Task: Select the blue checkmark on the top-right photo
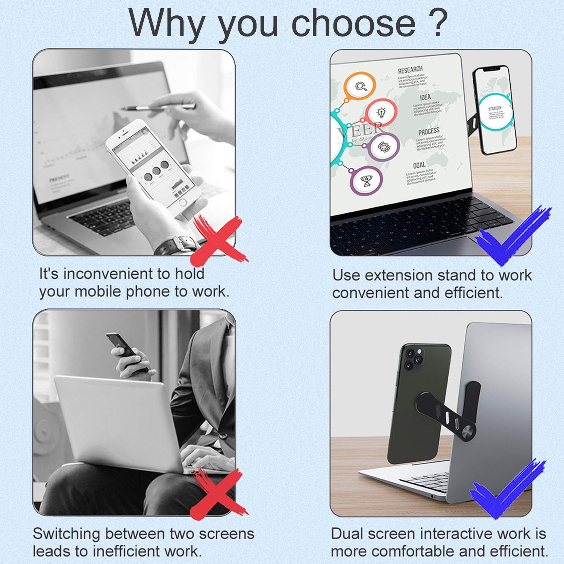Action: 511,237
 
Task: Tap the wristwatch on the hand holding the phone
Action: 177,244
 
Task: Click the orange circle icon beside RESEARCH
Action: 360,86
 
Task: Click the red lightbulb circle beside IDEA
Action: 381,112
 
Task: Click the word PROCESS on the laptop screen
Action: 429,131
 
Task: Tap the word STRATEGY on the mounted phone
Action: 495,108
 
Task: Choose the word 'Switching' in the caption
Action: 66,534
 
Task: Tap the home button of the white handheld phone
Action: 183,203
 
